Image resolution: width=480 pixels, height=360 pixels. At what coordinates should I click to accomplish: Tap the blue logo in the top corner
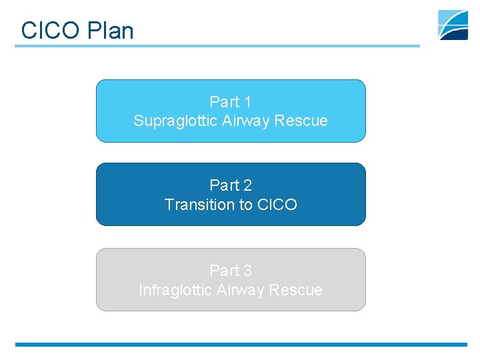(x=453, y=25)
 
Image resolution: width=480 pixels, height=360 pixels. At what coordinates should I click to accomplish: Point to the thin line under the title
(x=217, y=46)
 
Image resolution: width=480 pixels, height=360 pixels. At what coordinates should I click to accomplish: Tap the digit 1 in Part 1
(x=247, y=102)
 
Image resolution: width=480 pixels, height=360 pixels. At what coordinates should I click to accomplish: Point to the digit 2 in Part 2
(x=247, y=185)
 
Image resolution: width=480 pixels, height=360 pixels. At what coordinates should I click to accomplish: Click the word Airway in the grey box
(x=244, y=291)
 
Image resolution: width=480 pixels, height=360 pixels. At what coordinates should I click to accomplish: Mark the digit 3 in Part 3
(x=247, y=271)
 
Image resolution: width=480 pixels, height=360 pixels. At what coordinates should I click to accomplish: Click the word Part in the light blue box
(x=224, y=102)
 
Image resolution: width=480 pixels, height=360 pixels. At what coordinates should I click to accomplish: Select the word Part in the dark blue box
(x=224, y=185)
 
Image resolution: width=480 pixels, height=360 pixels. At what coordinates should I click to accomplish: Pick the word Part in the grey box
(x=224, y=271)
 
